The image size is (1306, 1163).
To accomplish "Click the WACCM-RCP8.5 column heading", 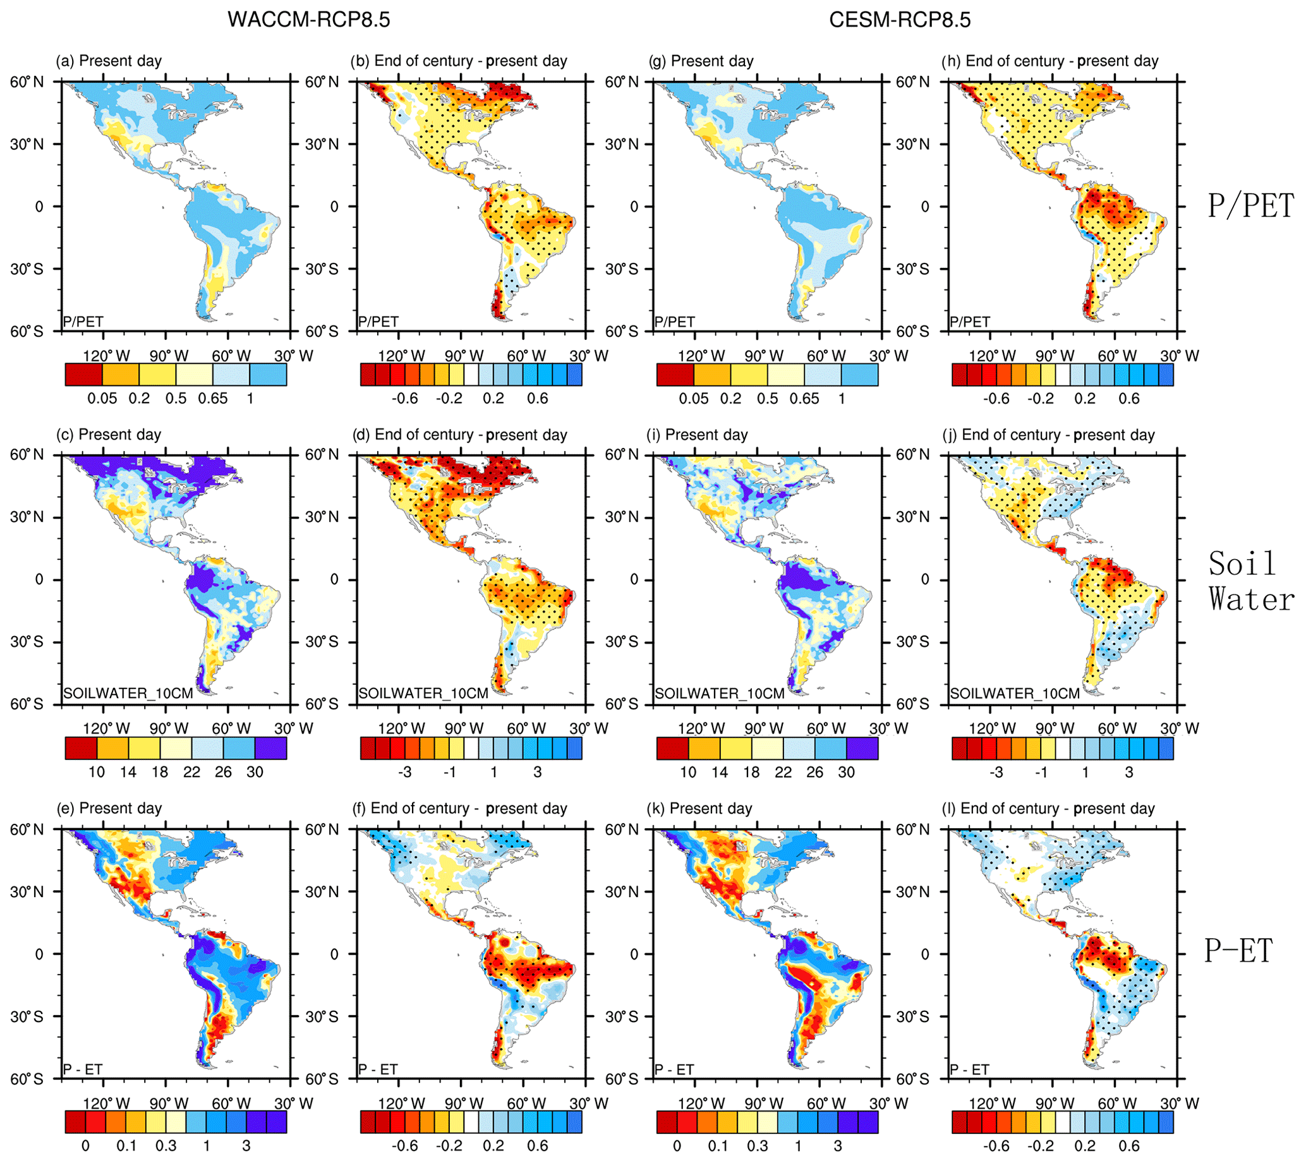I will click(309, 20).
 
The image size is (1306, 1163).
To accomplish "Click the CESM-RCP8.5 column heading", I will click(900, 20).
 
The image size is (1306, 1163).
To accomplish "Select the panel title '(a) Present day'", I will click(109, 61).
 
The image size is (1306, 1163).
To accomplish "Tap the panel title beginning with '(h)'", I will click(1049, 61).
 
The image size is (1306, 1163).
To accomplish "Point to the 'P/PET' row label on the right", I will click(1250, 207).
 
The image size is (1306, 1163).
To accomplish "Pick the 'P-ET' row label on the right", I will click(1238, 950).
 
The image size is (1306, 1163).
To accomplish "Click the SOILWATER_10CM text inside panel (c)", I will click(128, 694).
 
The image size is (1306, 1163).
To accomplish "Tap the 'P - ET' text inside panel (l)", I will click(969, 1070).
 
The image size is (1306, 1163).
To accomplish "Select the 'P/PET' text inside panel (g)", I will click(674, 322).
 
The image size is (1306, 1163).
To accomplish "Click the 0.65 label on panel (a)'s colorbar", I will click(212, 399).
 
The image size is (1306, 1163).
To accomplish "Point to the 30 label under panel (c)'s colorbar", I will click(255, 772).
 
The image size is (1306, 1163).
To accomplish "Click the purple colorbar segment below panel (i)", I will click(862, 749).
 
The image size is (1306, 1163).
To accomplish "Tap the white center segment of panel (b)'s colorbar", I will click(471, 375).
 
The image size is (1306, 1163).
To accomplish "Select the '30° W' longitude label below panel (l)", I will click(1180, 1104).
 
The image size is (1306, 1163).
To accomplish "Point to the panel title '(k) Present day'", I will click(699, 809).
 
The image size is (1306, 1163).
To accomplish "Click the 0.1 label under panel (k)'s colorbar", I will click(717, 1146).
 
